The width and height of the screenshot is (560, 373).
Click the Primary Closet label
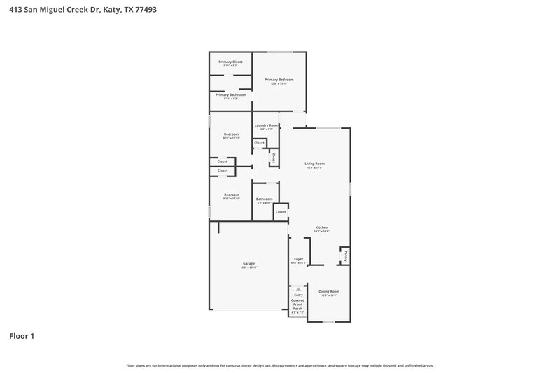230,62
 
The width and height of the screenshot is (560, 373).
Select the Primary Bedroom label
279,79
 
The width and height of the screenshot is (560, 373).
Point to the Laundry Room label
267,125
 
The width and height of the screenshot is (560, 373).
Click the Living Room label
314,164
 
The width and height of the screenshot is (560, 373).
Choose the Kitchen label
321,227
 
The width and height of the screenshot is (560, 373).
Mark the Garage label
248,263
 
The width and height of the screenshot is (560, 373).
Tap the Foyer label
298,259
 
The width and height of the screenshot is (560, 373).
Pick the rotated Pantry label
345,256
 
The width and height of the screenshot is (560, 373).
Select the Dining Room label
329,291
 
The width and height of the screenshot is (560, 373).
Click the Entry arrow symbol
298,288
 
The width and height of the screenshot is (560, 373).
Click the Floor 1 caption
22,336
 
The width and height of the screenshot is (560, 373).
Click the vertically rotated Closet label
273,159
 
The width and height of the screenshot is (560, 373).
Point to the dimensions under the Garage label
248,267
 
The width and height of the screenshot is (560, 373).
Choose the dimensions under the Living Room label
314,168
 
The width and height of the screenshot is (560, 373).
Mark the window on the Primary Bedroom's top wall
280,52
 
